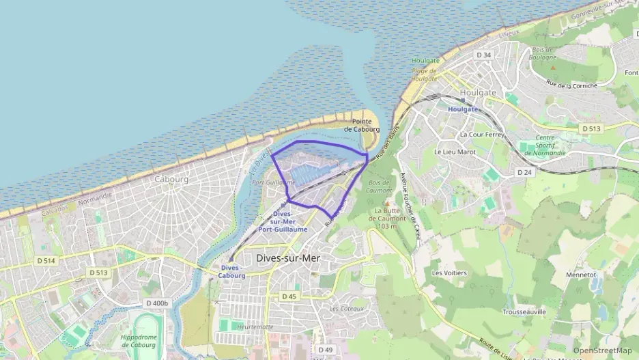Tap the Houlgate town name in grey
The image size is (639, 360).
coord(478,93)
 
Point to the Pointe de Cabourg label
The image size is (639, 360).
coord(361,125)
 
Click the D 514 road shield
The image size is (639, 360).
coord(46,261)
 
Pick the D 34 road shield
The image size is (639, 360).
coord(484,55)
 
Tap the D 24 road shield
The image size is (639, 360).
coord(524,173)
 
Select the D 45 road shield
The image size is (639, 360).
coord(289,296)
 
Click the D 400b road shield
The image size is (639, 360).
coord(157,303)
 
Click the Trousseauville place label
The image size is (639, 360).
coord(524,311)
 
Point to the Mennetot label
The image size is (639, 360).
coord(581,275)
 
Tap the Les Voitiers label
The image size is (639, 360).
coord(449,273)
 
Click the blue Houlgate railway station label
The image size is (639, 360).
coord(462,109)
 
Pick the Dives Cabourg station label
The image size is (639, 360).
coord(231,272)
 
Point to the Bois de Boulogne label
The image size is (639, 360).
coord(543,53)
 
